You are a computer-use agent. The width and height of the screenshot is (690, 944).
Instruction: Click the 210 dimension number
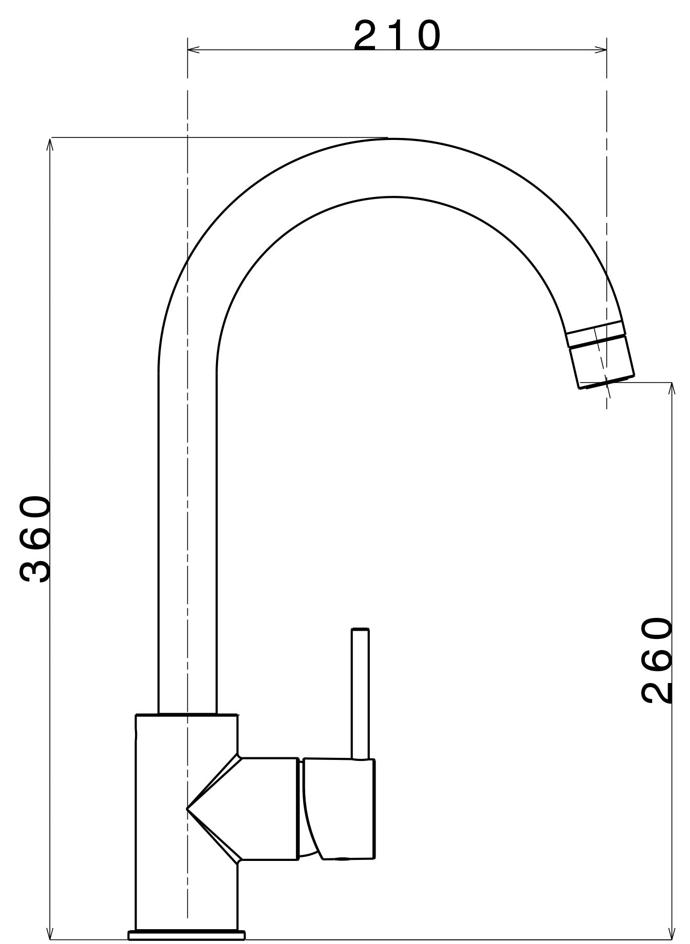coord(397,36)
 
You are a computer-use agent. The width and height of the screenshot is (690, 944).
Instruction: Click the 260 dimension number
coord(656,660)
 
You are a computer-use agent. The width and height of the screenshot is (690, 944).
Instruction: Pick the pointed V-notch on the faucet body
coord(189,809)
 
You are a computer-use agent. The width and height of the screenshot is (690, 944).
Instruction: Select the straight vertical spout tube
coord(187,538)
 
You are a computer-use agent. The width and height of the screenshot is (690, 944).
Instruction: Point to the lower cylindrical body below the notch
coord(187,892)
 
